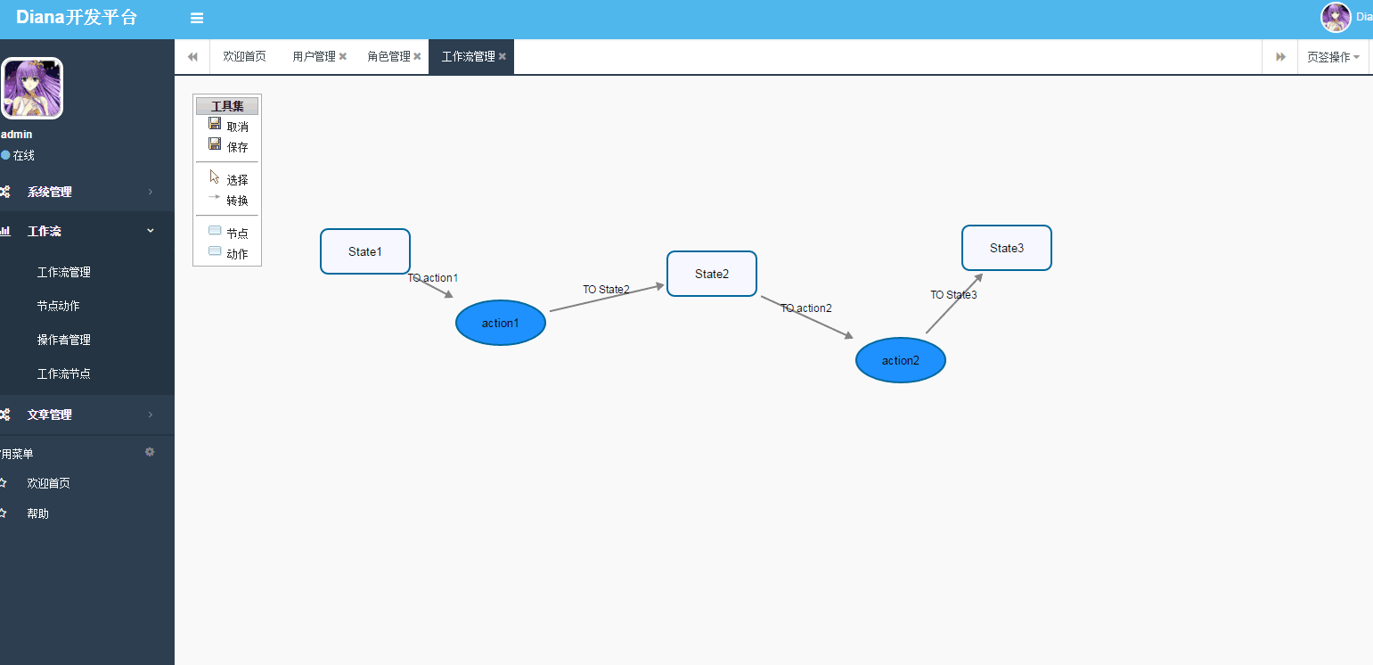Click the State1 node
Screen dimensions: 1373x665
point(365,251)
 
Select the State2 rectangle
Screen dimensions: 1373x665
point(712,274)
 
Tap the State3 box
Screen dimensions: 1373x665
point(1007,248)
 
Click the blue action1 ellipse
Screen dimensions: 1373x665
point(500,323)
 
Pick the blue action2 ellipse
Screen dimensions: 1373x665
point(901,360)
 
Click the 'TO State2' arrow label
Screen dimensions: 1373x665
point(606,290)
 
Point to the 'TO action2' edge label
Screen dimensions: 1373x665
point(806,308)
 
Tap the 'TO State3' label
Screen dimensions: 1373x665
point(953,295)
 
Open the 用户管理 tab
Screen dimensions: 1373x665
point(314,56)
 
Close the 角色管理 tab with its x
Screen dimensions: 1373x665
point(417,56)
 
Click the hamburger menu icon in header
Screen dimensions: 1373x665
point(197,19)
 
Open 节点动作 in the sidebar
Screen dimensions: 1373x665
point(58,306)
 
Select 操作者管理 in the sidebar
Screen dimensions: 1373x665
point(64,340)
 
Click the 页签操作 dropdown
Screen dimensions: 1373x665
point(1333,57)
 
